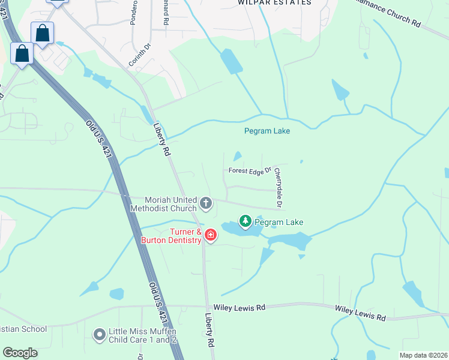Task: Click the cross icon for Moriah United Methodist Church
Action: point(206,203)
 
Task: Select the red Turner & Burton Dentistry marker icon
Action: point(210,235)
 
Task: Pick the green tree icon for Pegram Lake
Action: point(245,222)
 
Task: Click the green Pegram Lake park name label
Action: point(279,222)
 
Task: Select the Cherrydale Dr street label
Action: point(278,188)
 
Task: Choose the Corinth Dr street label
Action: point(137,55)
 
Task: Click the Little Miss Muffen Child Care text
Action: point(143,335)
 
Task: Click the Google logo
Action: point(20,353)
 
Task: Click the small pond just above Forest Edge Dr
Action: point(237,157)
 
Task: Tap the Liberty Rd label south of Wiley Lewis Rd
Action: point(209,331)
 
